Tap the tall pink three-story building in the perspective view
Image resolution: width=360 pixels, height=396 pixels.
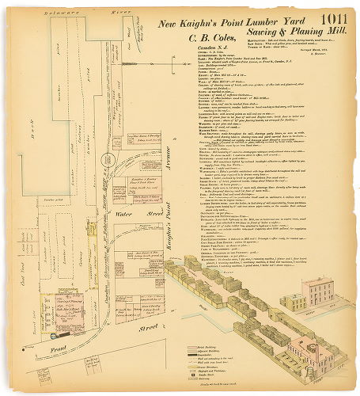point(321,292)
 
